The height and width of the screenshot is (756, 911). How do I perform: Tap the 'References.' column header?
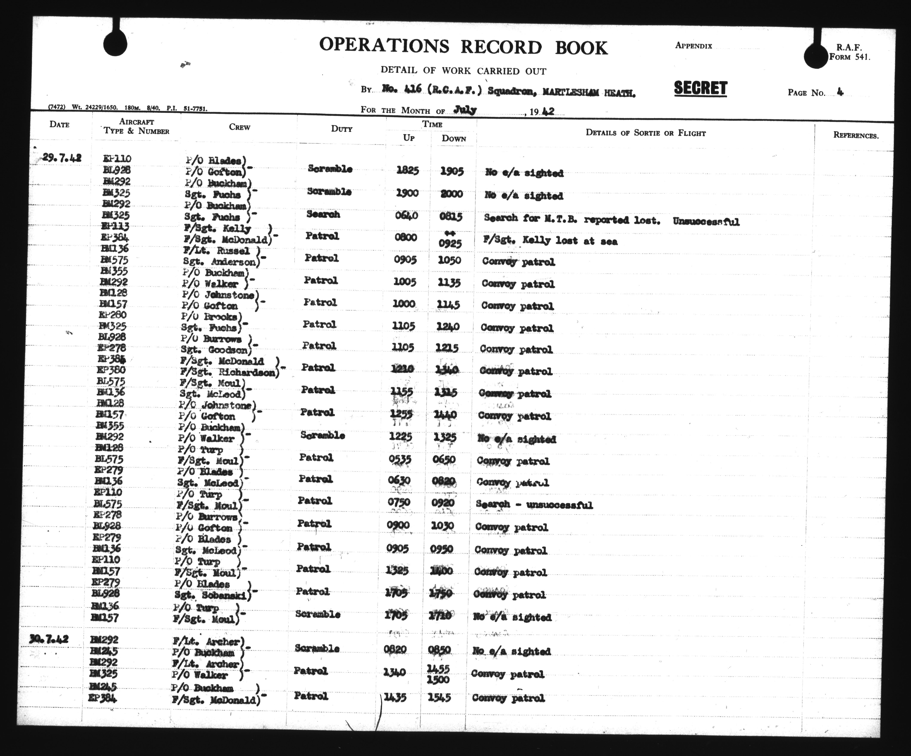856,135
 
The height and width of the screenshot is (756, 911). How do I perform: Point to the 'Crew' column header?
240,127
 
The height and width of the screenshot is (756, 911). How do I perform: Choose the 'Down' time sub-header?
454,139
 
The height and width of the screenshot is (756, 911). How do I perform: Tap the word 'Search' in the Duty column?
323,214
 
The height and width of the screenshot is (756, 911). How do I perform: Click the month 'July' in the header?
465,110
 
